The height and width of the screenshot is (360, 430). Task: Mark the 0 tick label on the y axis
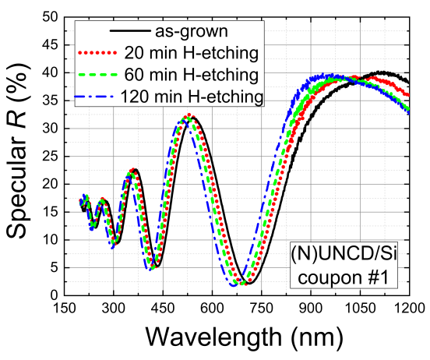pos(55,295)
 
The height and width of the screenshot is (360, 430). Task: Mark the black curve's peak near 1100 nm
pos(380,72)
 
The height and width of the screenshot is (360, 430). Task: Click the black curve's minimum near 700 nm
pos(247,282)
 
